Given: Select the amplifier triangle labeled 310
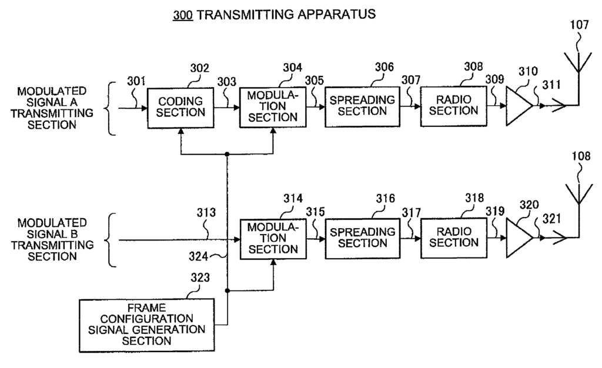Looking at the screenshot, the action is [519, 106].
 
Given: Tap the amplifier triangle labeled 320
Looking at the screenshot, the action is [519, 238].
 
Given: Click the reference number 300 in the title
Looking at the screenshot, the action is [183, 15].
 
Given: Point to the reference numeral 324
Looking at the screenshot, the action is [198, 256].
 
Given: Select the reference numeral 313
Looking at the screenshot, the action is [206, 212].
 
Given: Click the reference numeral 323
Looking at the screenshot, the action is [200, 277].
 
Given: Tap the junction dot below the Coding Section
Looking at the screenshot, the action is [227, 154].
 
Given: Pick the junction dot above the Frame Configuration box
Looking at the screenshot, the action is [228, 291].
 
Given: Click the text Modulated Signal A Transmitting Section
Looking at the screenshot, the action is [52, 108].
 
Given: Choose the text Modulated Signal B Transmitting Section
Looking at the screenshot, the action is [52, 239].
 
